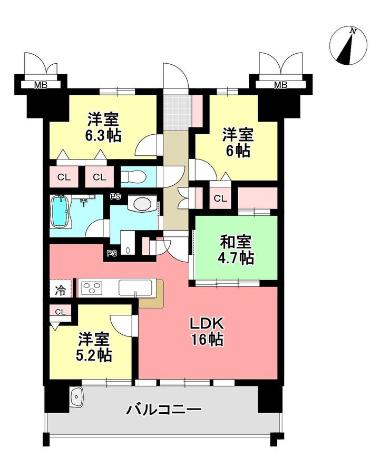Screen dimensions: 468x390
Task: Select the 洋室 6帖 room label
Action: pos(238,143)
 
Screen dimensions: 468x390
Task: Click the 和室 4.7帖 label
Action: pos(237,250)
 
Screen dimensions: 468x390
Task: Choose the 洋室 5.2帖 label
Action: pos(95,347)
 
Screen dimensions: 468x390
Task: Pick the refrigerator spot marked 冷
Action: pos(61,289)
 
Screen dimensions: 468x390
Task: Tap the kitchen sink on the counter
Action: pos(136,288)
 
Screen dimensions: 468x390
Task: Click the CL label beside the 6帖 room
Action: pos(220,199)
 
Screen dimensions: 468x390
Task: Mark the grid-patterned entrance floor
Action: pos(176,112)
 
